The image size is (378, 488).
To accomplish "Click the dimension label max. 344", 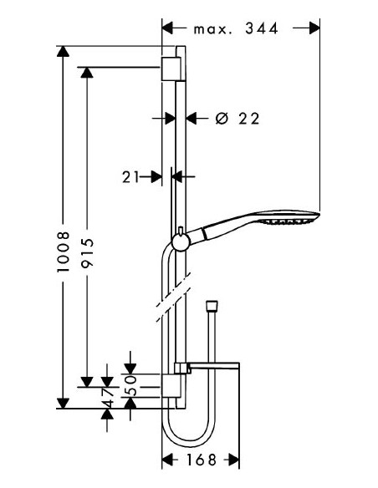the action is (x=235, y=29).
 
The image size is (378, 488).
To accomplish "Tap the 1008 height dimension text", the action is (x=63, y=252).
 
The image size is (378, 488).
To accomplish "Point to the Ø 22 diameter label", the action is (x=238, y=119).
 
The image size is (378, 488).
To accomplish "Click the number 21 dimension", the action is (x=130, y=177).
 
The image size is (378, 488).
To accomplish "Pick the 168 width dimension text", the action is (x=201, y=460).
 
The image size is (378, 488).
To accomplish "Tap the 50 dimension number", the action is (x=131, y=385).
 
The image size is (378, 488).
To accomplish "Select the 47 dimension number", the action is (x=108, y=398).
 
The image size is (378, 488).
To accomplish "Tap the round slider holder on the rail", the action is (x=181, y=242).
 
